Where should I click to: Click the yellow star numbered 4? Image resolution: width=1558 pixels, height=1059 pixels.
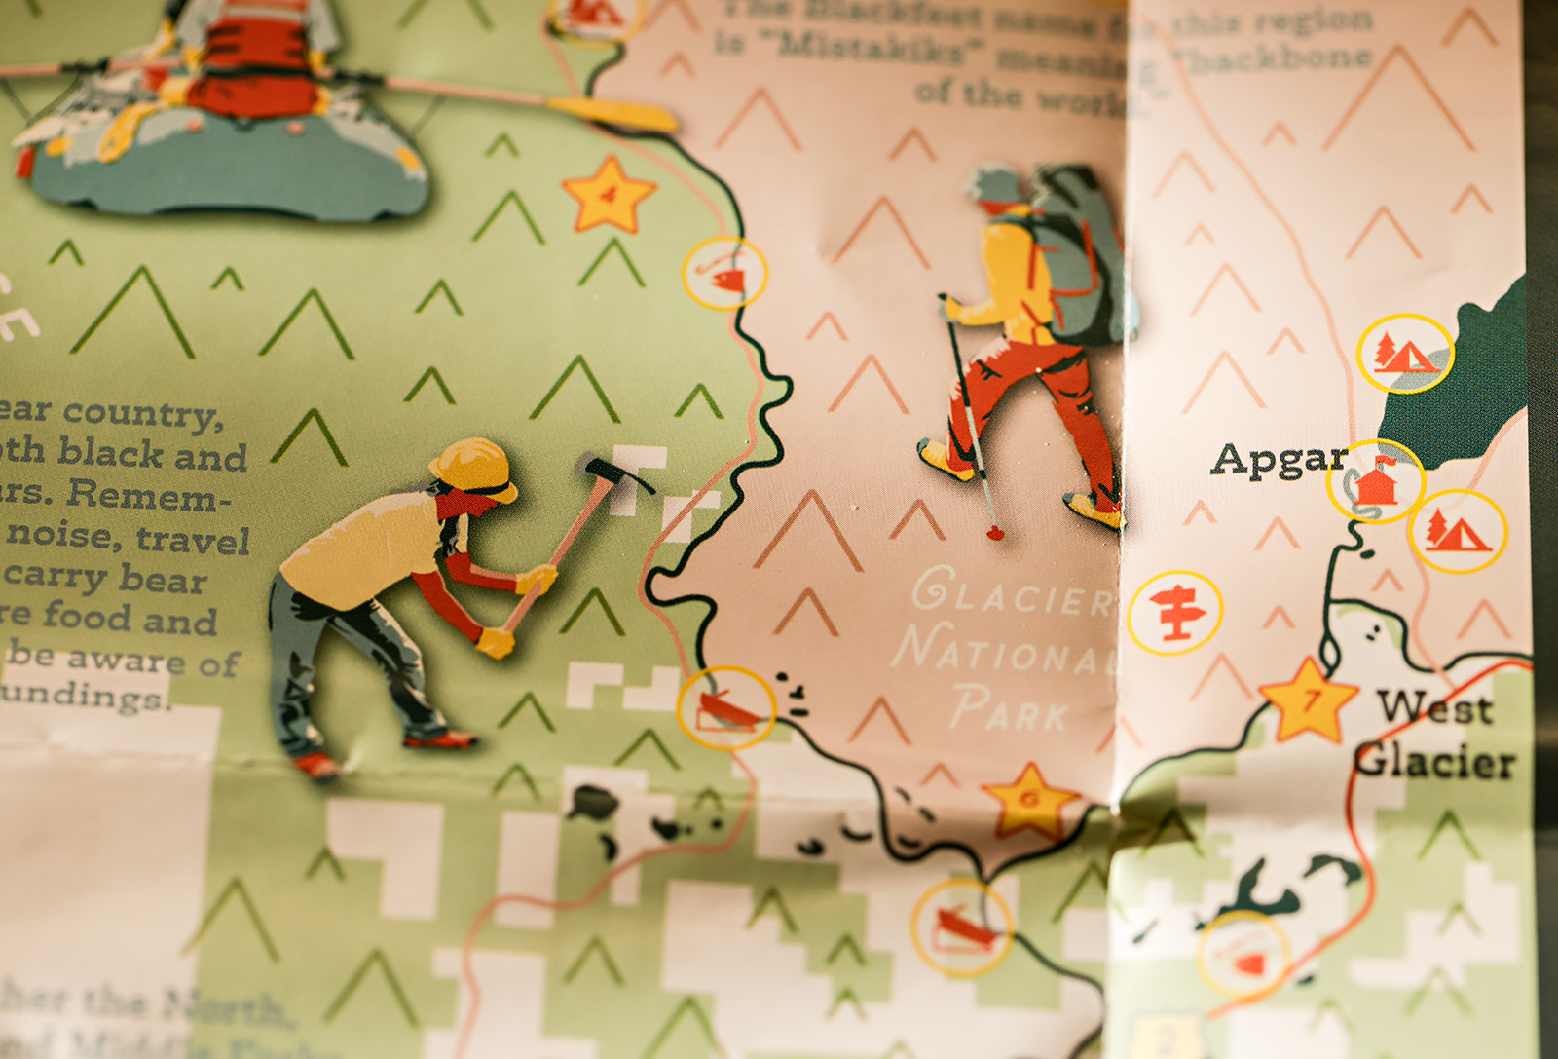609,195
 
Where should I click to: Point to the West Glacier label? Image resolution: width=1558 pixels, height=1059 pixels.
1435,735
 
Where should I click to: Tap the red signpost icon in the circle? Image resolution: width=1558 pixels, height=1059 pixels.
1175,613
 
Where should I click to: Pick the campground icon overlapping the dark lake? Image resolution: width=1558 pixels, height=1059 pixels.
1405,354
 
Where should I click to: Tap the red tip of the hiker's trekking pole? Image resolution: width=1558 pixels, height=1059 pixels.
995,533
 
